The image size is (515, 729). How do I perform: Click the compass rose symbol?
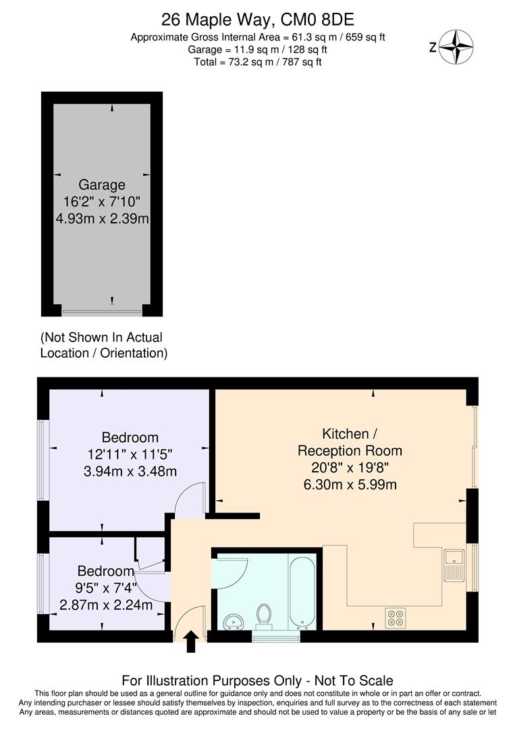click(456, 47)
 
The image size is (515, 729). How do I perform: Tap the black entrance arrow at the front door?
click(191, 641)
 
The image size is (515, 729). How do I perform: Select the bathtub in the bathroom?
click(302, 591)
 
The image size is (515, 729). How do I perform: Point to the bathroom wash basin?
click(232, 620)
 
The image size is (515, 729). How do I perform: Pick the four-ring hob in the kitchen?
click(395, 618)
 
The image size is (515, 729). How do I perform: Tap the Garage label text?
click(102, 184)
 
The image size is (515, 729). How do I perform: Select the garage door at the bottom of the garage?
click(102, 312)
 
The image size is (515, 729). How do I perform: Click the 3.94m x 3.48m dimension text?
click(130, 470)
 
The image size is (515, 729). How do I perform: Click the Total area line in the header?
click(258, 62)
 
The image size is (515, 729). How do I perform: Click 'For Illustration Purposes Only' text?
click(257, 680)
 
